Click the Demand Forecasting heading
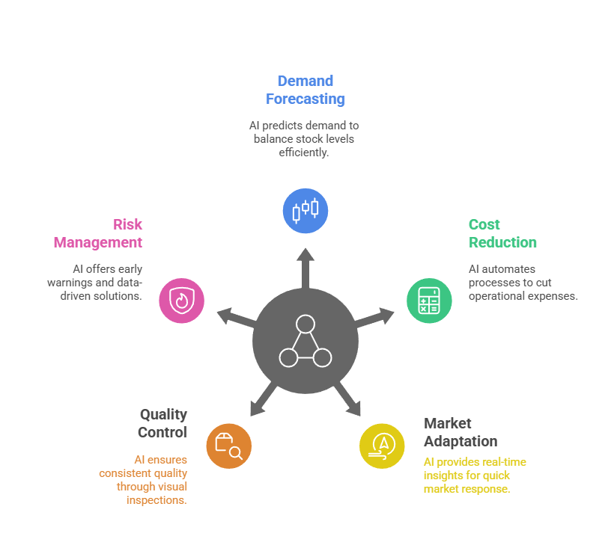(305, 90)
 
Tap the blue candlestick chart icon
(305, 211)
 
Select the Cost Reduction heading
(502, 233)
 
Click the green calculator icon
(429, 301)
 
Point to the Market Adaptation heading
(460, 432)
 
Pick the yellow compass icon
(382, 446)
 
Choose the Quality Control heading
(162, 423)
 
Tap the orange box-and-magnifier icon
(228, 446)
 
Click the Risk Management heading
(98, 233)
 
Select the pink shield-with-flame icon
(181, 301)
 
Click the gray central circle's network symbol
(305, 342)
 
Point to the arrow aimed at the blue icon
(305, 265)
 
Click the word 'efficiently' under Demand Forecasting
(304, 153)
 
